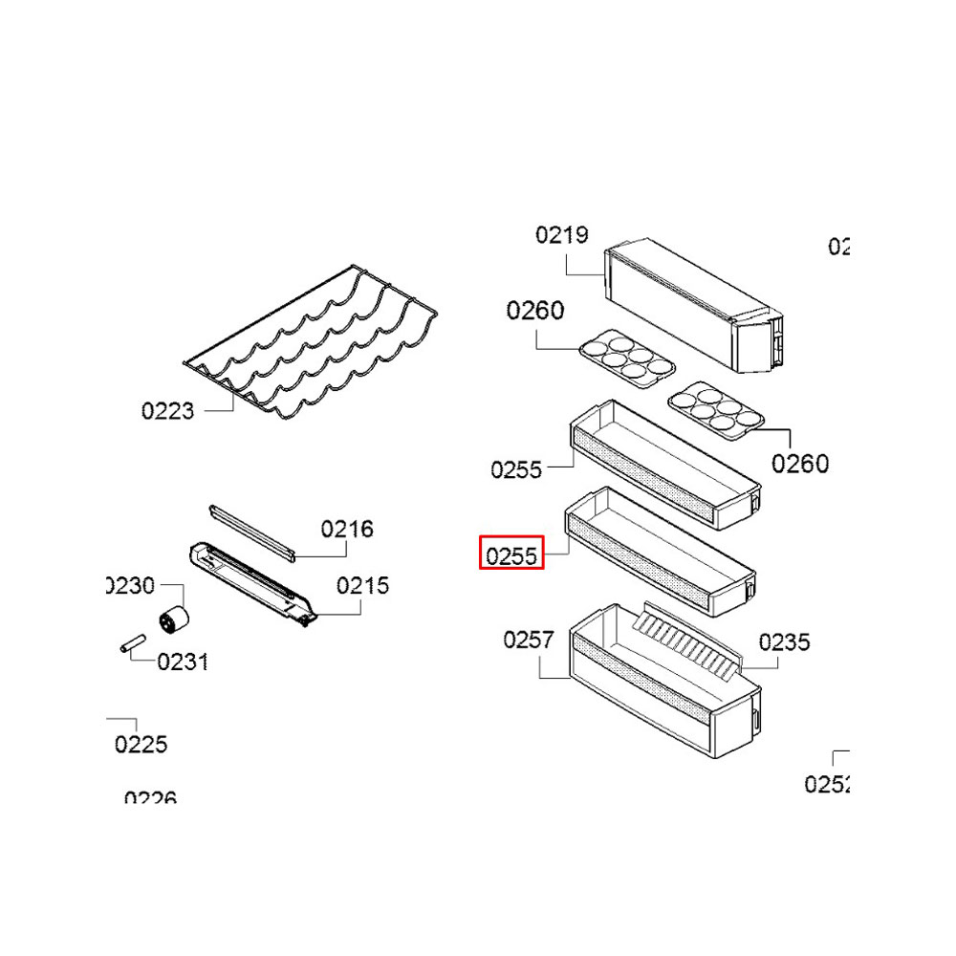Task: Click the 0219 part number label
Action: pos(561,234)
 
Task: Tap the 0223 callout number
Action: pos(167,411)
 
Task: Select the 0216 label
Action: pos(347,529)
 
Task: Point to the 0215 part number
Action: pos(362,585)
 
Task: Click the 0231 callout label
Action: pos(183,662)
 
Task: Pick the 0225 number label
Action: pos(141,744)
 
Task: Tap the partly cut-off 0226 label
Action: pos(150,797)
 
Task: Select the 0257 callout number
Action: pos(529,640)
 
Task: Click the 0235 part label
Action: pos(784,642)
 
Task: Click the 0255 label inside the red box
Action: pos(511,554)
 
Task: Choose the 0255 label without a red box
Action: pos(516,469)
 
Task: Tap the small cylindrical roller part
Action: pos(172,619)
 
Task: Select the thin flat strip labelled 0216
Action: pos(251,531)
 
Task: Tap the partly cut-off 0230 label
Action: pos(131,585)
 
